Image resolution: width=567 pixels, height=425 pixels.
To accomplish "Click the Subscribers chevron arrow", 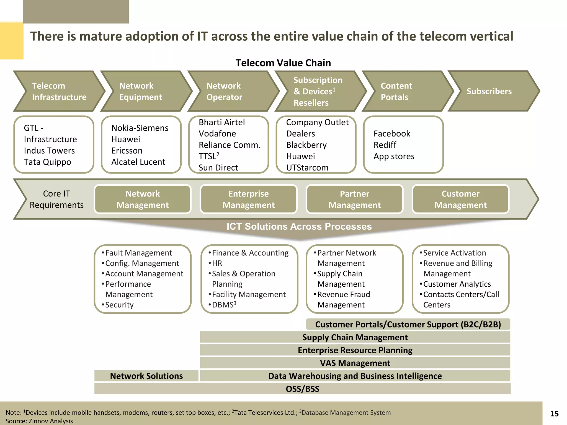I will click(489, 91).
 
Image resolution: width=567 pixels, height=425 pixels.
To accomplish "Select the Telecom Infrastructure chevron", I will click(59, 91).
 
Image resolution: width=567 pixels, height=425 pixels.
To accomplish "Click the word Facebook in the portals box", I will click(392, 134).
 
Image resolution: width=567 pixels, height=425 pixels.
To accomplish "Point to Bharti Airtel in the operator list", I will click(222, 122).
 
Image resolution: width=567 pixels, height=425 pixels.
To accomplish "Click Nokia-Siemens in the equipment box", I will click(140, 128).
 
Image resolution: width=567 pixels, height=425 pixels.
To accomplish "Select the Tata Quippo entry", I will click(47, 162).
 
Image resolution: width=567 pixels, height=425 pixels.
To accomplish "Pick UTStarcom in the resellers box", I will click(307, 168).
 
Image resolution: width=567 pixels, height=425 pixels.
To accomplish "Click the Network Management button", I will click(143, 199).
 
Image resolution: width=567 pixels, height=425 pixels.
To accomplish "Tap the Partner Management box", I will click(354, 199).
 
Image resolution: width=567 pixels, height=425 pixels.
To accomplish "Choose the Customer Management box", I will click(460, 199).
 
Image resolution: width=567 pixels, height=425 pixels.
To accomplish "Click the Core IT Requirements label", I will click(56, 199).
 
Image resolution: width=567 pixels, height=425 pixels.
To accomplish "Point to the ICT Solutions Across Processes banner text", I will click(299, 226).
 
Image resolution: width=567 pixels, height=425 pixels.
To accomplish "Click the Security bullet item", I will click(119, 305).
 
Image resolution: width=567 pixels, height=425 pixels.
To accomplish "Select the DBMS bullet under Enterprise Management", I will click(224, 305).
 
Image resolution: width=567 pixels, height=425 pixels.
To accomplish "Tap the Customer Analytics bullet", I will click(457, 284).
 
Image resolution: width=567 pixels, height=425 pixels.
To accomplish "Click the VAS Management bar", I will click(355, 363).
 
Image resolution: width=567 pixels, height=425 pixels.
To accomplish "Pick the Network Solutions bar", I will click(146, 376).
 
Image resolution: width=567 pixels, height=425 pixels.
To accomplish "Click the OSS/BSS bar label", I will click(302, 389).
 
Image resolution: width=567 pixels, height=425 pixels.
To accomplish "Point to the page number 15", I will click(554, 414).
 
